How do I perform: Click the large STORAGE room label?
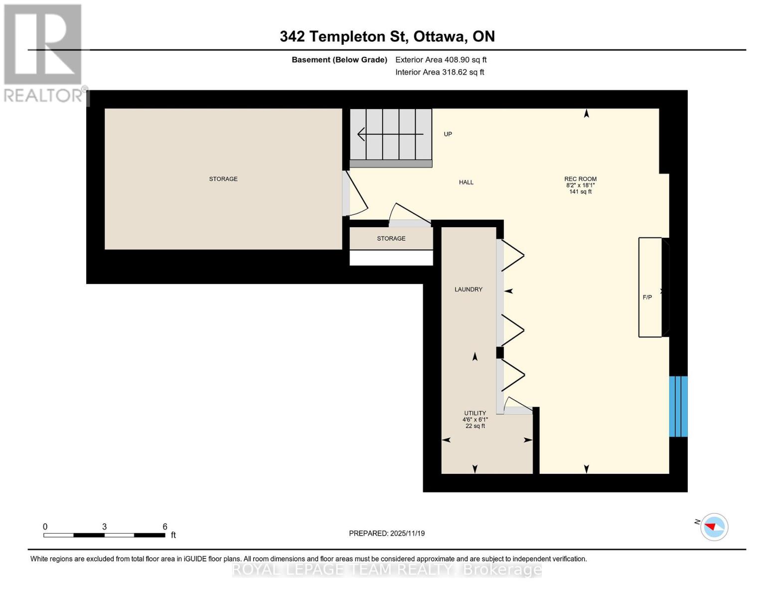[223, 179]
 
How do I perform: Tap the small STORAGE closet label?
[391, 239]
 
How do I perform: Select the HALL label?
[466, 182]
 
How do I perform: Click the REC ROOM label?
[580, 179]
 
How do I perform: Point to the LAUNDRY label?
[468, 290]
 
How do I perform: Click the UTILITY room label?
[475, 413]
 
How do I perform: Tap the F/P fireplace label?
[647, 298]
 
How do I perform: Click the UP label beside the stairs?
[448, 134]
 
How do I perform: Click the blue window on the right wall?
[678, 406]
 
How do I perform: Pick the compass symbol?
[714, 527]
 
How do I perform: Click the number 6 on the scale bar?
[165, 527]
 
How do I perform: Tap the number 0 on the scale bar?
[45, 527]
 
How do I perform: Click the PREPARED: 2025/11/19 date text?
[386, 533]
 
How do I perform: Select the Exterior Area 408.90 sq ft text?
[441, 60]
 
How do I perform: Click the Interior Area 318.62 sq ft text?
[440, 72]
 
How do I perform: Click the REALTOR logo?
[44, 52]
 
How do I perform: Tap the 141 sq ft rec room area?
[580, 192]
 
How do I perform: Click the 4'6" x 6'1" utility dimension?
[475, 420]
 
